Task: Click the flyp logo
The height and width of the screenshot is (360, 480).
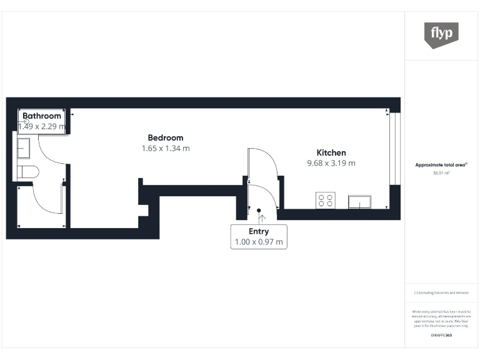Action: click(441, 34)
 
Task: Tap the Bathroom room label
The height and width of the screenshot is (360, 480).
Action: click(42, 116)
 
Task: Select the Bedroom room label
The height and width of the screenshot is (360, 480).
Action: click(166, 137)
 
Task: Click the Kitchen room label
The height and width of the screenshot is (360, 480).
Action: click(331, 152)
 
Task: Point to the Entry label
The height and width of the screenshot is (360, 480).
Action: click(259, 232)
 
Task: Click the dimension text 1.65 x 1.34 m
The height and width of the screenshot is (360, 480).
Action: click(166, 149)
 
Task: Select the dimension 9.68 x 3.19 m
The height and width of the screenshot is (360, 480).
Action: click(331, 163)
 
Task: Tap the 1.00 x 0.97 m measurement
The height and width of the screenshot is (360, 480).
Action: click(259, 242)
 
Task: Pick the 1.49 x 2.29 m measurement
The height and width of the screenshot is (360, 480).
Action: click(42, 126)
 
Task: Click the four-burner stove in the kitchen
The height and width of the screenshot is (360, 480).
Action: click(326, 201)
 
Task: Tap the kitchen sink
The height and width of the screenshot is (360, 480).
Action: click(359, 201)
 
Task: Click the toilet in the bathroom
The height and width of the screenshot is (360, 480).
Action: click(28, 171)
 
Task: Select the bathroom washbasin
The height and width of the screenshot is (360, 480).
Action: click(22, 148)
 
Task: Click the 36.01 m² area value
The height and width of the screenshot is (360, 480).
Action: click(441, 173)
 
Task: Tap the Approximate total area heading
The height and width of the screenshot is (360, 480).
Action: click(441, 165)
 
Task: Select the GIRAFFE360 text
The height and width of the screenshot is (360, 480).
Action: click(441, 336)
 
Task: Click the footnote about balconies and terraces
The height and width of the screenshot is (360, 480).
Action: click(441, 292)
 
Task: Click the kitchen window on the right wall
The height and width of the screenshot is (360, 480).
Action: click(393, 147)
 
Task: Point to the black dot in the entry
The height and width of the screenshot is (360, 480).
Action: click(259, 210)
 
